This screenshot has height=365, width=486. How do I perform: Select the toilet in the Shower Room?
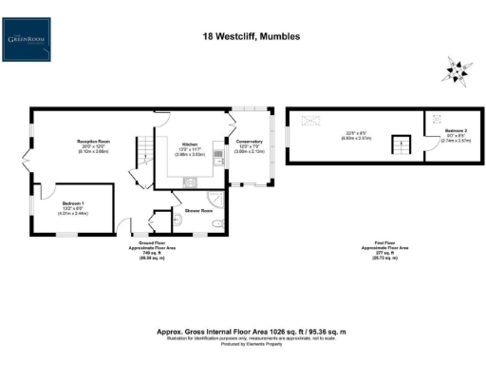pos(217,224)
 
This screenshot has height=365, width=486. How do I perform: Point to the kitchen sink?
pos(217,162)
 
